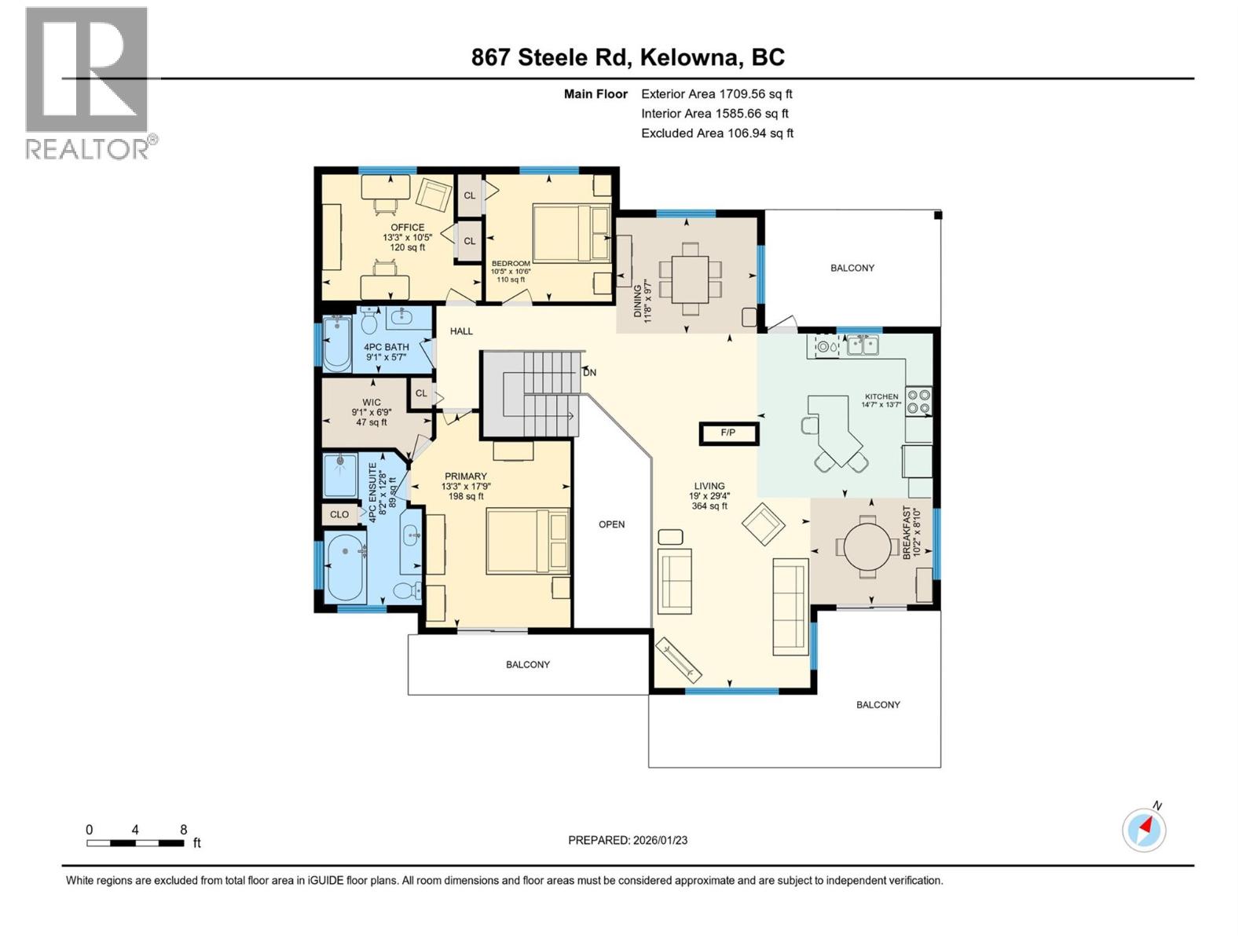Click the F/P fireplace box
(728, 433)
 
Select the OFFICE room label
(407, 228)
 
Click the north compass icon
(1144, 829)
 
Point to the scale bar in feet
(136, 843)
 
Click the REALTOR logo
(87, 82)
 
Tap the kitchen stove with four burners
(918, 401)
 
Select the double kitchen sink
(862, 345)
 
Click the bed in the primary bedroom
(527, 541)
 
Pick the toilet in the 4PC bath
(369, 321)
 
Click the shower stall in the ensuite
(340, 475)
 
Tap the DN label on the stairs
(589, 372)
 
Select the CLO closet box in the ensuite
(339, 515)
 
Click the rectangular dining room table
(690, 279)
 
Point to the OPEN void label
(611, 524)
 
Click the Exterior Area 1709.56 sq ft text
(716, 93)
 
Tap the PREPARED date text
(627, 840)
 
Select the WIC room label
(371, 403)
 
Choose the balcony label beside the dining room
(852, 268)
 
